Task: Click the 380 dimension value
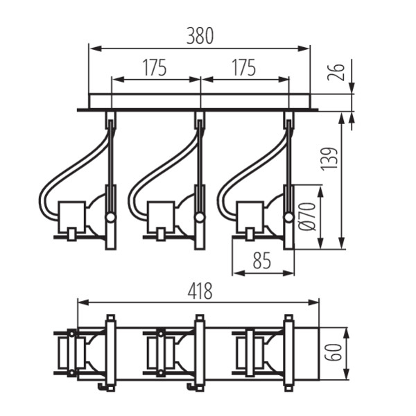200,35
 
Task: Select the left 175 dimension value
155,68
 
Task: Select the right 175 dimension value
243,68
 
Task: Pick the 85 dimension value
261,261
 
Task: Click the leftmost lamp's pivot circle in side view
110,218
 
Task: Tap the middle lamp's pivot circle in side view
200,218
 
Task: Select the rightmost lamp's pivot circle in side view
288,218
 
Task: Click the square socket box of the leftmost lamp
71,216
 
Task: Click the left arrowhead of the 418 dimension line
81,303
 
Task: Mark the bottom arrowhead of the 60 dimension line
347,378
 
